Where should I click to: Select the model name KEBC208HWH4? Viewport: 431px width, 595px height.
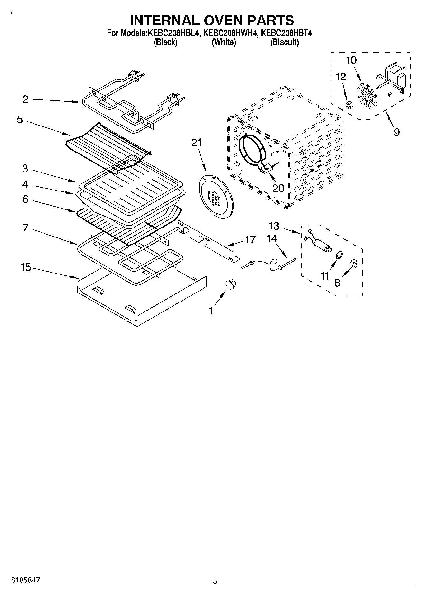tap(230, 33)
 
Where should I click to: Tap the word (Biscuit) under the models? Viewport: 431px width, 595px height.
tap(285, 42)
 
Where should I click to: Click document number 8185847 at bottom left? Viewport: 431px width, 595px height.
tap(26, 580)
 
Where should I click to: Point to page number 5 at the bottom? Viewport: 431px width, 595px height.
tap(215, 581)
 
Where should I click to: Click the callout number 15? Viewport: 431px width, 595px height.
tap(25, 267)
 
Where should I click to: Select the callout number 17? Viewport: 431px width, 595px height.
tap(250, 240)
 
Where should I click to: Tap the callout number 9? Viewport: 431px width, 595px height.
tap(397, 132)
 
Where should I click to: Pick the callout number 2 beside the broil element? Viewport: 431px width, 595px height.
tap(25, 99)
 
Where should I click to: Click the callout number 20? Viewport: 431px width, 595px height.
tap(278, 188)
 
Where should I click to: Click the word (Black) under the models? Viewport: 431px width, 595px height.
tap(165, 42)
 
